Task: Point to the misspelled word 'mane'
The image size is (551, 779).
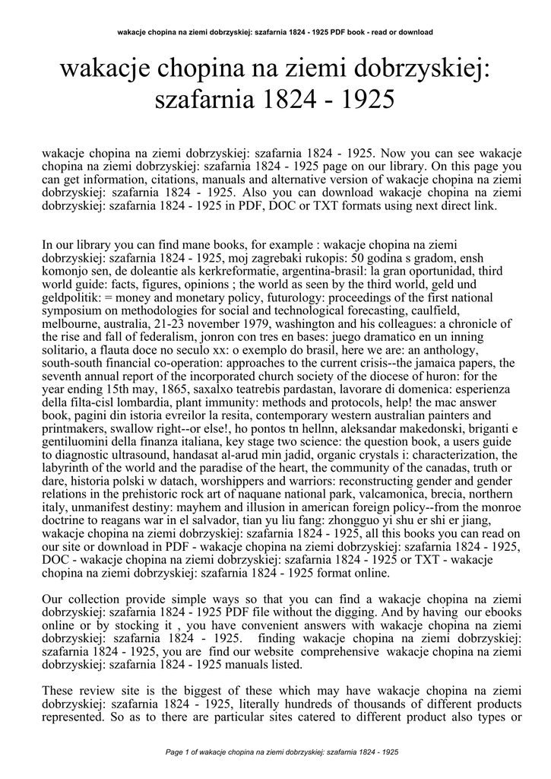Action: [192, 244]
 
